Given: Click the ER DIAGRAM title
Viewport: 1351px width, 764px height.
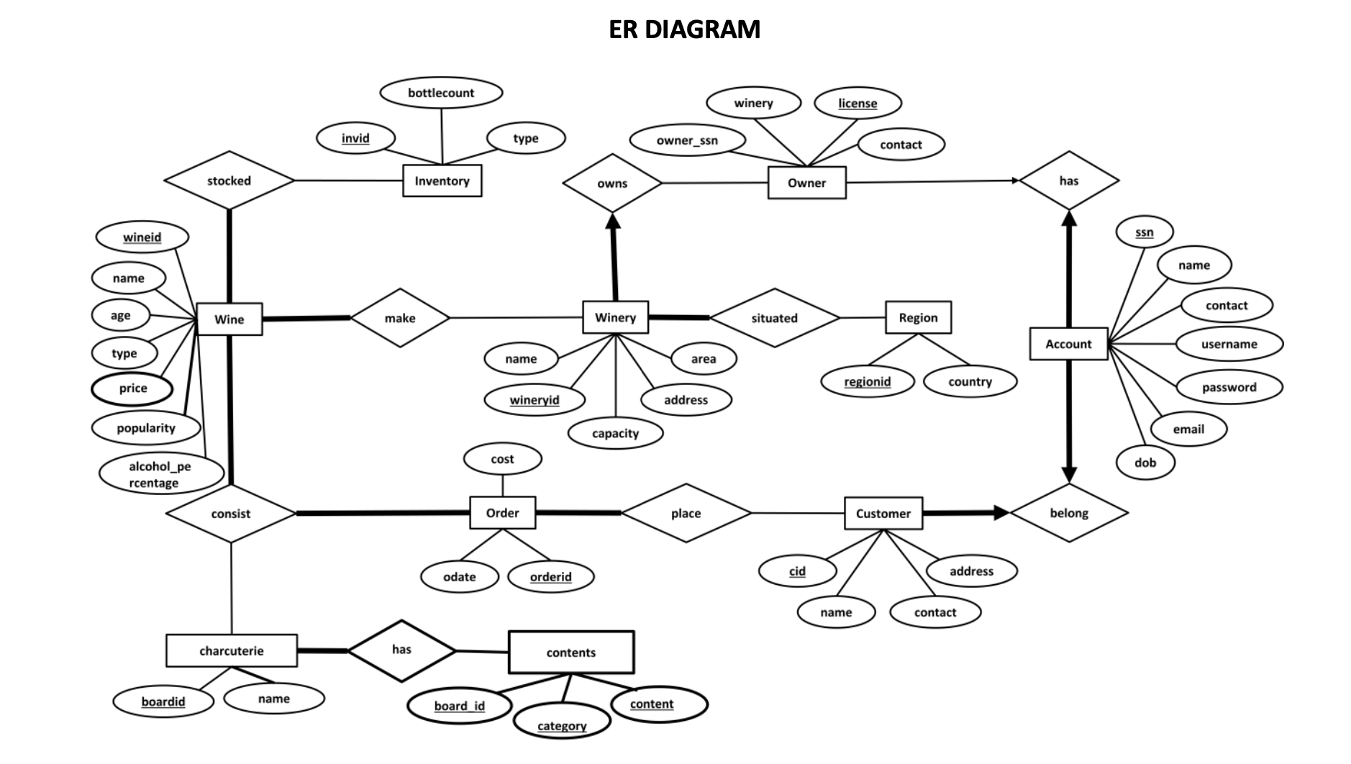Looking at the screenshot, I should pos(684,29).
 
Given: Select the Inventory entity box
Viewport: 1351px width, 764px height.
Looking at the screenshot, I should pos(442,181).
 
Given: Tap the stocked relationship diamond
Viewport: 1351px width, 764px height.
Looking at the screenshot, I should pos(229,181).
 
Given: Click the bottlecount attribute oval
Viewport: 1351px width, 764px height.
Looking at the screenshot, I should pos(441,93).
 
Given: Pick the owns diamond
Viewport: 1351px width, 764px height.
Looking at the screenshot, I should pos(612,183).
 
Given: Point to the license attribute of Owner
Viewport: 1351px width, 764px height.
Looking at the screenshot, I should pos(858,103).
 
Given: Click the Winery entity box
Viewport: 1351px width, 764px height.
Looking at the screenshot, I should pos(615,317).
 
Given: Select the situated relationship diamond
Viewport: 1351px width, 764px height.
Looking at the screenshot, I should pos(774,318).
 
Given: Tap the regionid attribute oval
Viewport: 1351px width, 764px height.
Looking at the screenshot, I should pos(867,381).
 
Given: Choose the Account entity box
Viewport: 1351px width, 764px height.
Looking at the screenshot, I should pos(1068,344).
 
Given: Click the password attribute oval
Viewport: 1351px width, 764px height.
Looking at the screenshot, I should pos(1229,387).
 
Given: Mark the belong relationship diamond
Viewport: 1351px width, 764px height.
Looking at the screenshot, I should pos(1069,513).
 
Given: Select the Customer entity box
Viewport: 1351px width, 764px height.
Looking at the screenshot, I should pos(883,514).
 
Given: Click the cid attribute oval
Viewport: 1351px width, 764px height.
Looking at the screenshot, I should pos(797,571).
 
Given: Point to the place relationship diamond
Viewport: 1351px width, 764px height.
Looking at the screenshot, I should pos(686,514).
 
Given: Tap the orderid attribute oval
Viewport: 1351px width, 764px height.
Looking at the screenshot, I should pos(550,577).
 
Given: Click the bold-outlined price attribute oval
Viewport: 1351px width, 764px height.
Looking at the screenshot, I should pos(132,388).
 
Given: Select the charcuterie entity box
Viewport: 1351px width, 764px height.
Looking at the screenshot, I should pos(231,651).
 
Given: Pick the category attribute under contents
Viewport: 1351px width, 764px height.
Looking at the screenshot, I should pos(562,726).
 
